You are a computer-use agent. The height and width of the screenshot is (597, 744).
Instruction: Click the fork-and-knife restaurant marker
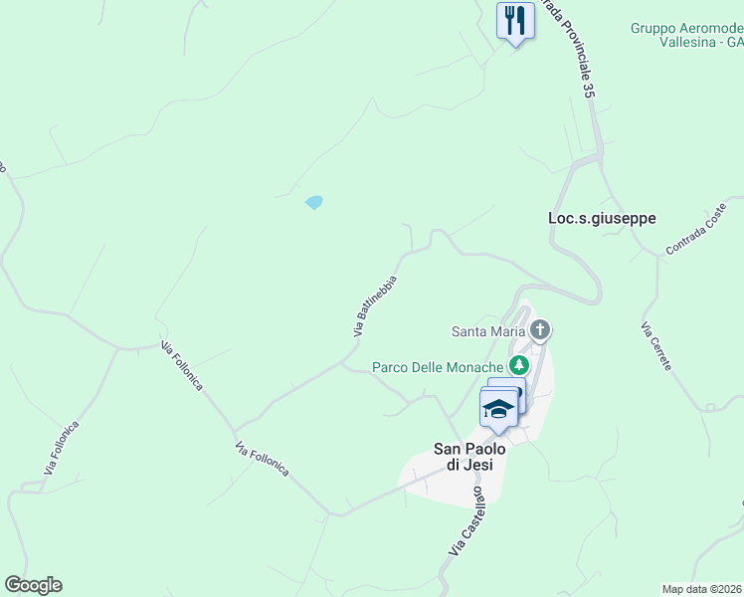(x=515, y=21)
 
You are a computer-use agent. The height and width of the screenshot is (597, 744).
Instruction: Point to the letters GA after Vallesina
(x=734, y=43)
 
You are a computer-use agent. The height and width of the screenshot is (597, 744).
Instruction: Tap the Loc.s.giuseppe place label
(x=602, y=218)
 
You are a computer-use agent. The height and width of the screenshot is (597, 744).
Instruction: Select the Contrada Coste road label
(x=699, y=235)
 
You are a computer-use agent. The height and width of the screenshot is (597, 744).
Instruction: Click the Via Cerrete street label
(x=656, y=346)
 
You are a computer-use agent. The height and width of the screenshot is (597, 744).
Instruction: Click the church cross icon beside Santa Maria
(x=540, y=329)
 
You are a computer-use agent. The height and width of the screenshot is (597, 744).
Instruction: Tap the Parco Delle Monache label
(x=438, y=367)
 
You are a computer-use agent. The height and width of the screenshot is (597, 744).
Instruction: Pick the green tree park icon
(x=518, y=367)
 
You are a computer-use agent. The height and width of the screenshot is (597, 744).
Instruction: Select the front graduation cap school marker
(x=498, y=408)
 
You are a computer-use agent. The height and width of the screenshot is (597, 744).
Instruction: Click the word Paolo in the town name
(x=485, y=449)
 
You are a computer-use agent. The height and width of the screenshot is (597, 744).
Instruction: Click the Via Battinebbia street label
(x=376, y=306)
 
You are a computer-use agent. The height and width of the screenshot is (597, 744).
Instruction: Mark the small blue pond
(x=314, y=202)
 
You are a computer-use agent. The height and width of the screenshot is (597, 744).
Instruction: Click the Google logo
(x=33, y=585)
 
